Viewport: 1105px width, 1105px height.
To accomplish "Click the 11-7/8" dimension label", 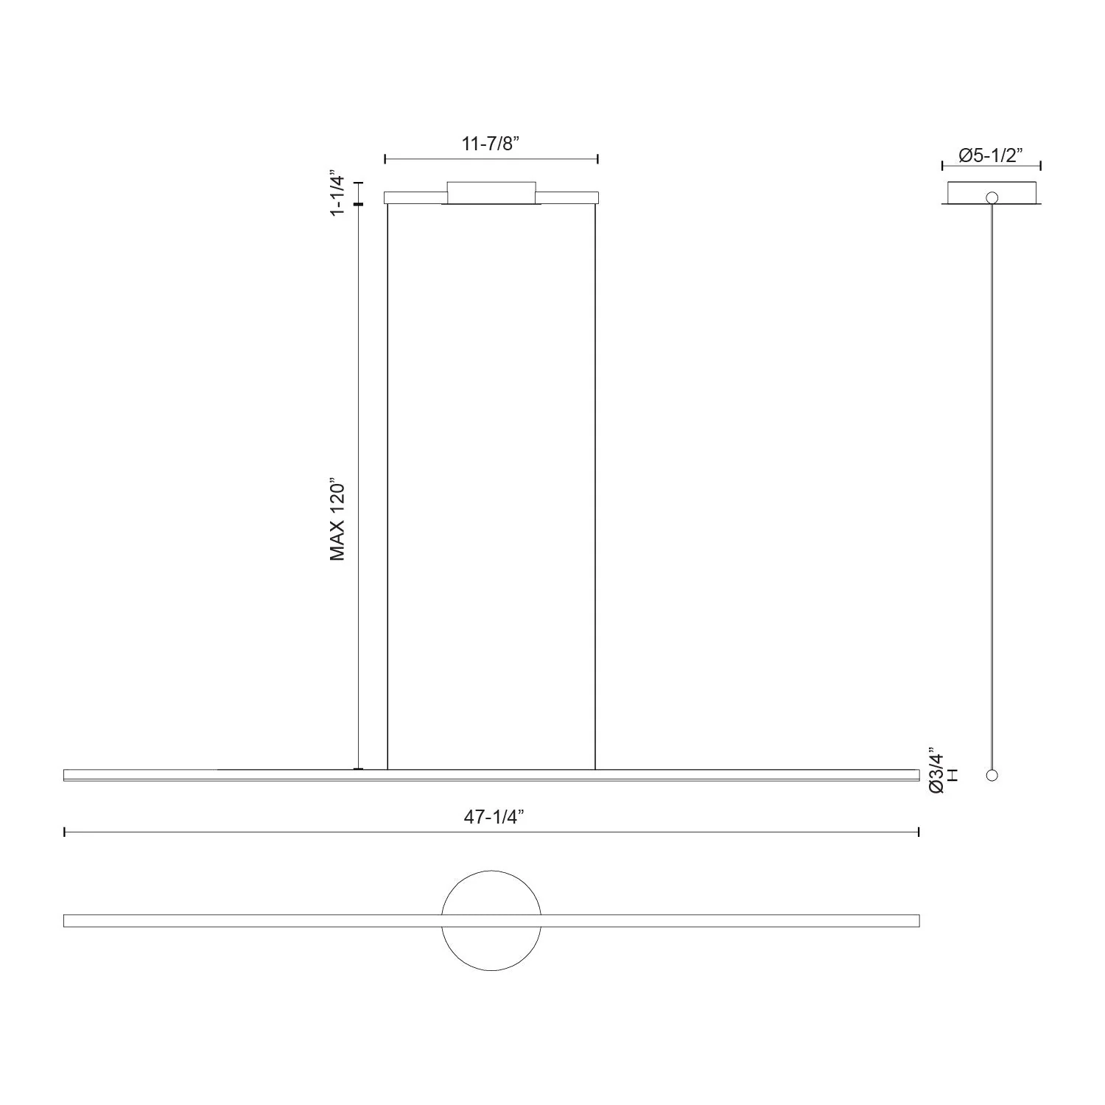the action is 491,144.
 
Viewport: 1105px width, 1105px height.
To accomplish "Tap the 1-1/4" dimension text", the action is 337,194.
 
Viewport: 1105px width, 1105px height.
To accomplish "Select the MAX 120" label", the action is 337,521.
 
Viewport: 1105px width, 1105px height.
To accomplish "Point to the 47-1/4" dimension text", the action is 494,816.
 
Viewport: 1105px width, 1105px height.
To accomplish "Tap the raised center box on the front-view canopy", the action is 491,192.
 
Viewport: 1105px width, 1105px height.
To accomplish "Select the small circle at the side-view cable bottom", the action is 992,775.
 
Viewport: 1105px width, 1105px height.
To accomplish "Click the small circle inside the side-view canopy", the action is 992,197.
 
